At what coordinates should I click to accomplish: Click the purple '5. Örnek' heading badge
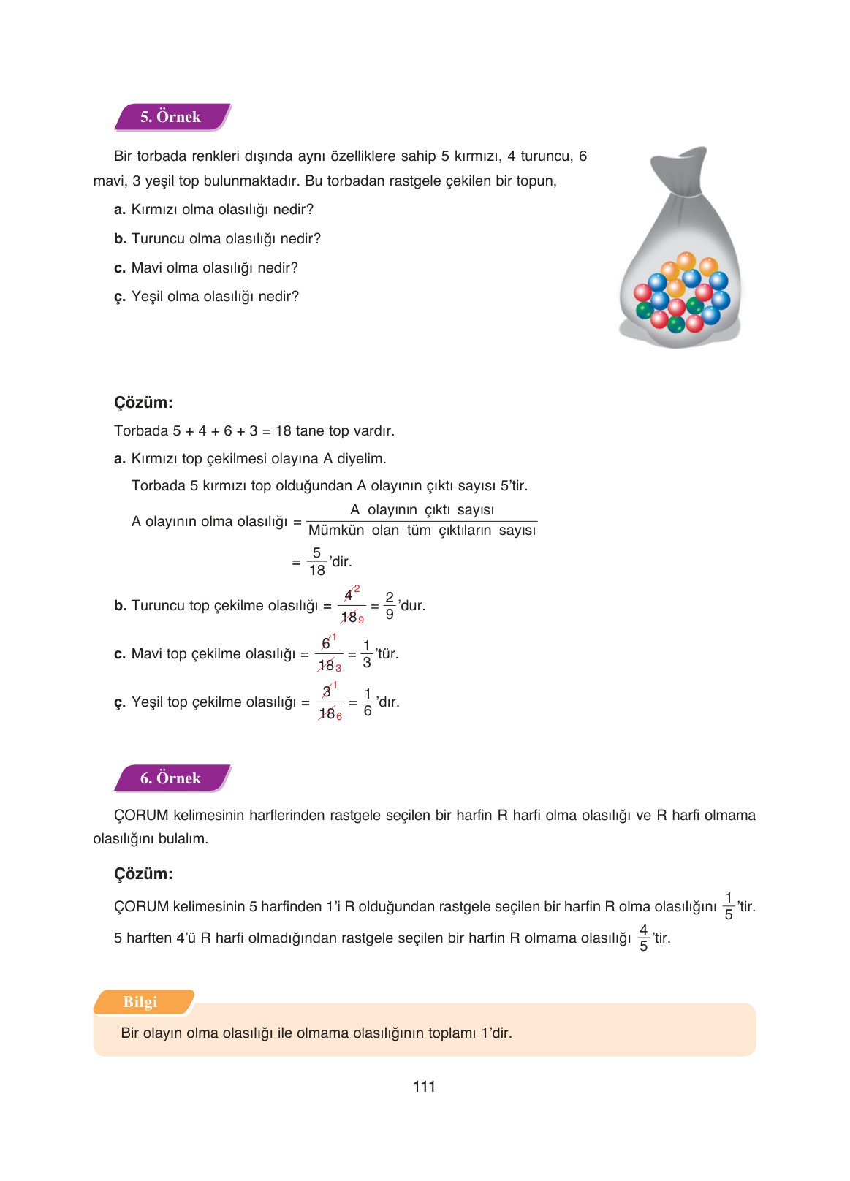tap(171, 117)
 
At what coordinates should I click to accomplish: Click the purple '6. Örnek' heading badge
tap(171, 778)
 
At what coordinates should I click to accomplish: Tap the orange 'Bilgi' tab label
tap(140, 1002)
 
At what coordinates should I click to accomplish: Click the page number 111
tap(424, 1087)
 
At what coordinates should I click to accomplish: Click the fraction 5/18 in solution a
tap(316, 561)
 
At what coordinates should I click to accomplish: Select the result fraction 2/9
tap(390, 605)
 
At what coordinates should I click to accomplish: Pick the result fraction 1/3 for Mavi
tap(367, 653)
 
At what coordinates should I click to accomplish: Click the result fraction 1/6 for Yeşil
tap(368, 702)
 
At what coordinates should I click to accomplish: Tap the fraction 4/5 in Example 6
tap(643, 938)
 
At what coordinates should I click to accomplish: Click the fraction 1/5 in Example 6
tap(729, 906)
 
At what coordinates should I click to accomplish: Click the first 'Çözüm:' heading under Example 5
tap(143, 403)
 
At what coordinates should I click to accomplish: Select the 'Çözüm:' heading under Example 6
tap(143, 874)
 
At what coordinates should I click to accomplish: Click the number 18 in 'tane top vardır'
tap(284, 431)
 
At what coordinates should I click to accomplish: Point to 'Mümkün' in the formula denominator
tap(336, 531)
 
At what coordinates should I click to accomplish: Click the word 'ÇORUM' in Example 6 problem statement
tap(142, 816)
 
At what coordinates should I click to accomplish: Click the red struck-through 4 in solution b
tap(349, 595)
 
